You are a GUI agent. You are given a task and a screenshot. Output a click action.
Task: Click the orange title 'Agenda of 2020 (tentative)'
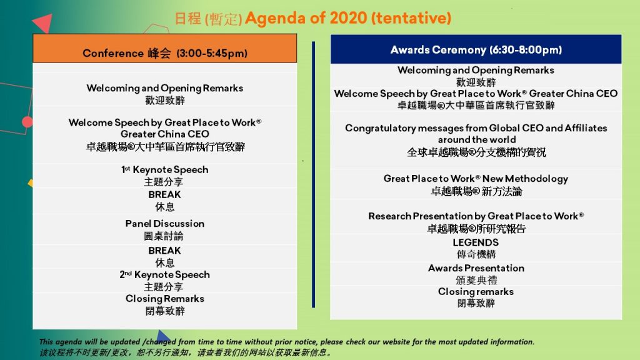pos(347,18)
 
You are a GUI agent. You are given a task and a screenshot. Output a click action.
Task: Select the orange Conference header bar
pos(165,48)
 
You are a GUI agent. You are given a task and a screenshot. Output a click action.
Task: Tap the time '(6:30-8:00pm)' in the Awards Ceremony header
pos(526,50)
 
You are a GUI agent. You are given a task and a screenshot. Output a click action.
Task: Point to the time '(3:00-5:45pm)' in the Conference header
pos(212,54)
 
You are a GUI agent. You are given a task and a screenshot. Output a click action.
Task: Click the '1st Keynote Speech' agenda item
pos(165,169)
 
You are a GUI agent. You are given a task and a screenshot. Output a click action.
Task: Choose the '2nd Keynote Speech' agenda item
pos(165,275)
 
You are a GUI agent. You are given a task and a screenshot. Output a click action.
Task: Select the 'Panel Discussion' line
pos(165,224)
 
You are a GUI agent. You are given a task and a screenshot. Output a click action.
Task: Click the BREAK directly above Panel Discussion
pos(164,195)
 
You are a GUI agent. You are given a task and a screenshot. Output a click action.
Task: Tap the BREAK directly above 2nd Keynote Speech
pos(164,251)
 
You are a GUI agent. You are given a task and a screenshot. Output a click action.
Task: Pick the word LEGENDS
pos(476,242)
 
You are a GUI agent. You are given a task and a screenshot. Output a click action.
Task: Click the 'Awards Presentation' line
pos(476,268)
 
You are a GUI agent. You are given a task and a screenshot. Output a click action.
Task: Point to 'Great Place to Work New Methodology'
pos(476,179)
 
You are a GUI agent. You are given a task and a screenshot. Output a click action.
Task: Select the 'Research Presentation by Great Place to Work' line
pos(476,216)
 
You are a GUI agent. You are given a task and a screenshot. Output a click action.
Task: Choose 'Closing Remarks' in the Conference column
pos(165,299)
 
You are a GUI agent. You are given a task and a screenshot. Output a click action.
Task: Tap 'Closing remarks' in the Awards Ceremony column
pos(476,292)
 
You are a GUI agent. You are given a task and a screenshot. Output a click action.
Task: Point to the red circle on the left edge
pos(27,122)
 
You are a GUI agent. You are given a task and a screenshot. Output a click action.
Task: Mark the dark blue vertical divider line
pos(314,174)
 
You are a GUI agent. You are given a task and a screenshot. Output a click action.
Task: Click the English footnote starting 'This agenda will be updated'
pos(286,342)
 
